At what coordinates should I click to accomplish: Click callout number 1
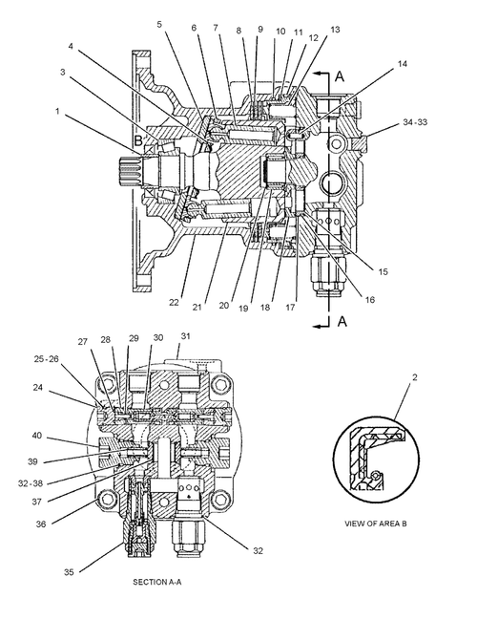[57, 112]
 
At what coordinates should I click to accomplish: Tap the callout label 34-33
[415, 122]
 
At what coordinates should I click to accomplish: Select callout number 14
[402, 64]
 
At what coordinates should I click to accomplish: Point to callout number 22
[174, 303]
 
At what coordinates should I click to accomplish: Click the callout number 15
[383, 271]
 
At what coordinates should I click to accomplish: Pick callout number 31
[186, 336]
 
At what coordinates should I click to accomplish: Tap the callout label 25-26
[46, 358]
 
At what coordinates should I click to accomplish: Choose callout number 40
[36, 436]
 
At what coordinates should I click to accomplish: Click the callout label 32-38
[31, 483]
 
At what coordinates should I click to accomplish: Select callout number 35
[69, 572]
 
